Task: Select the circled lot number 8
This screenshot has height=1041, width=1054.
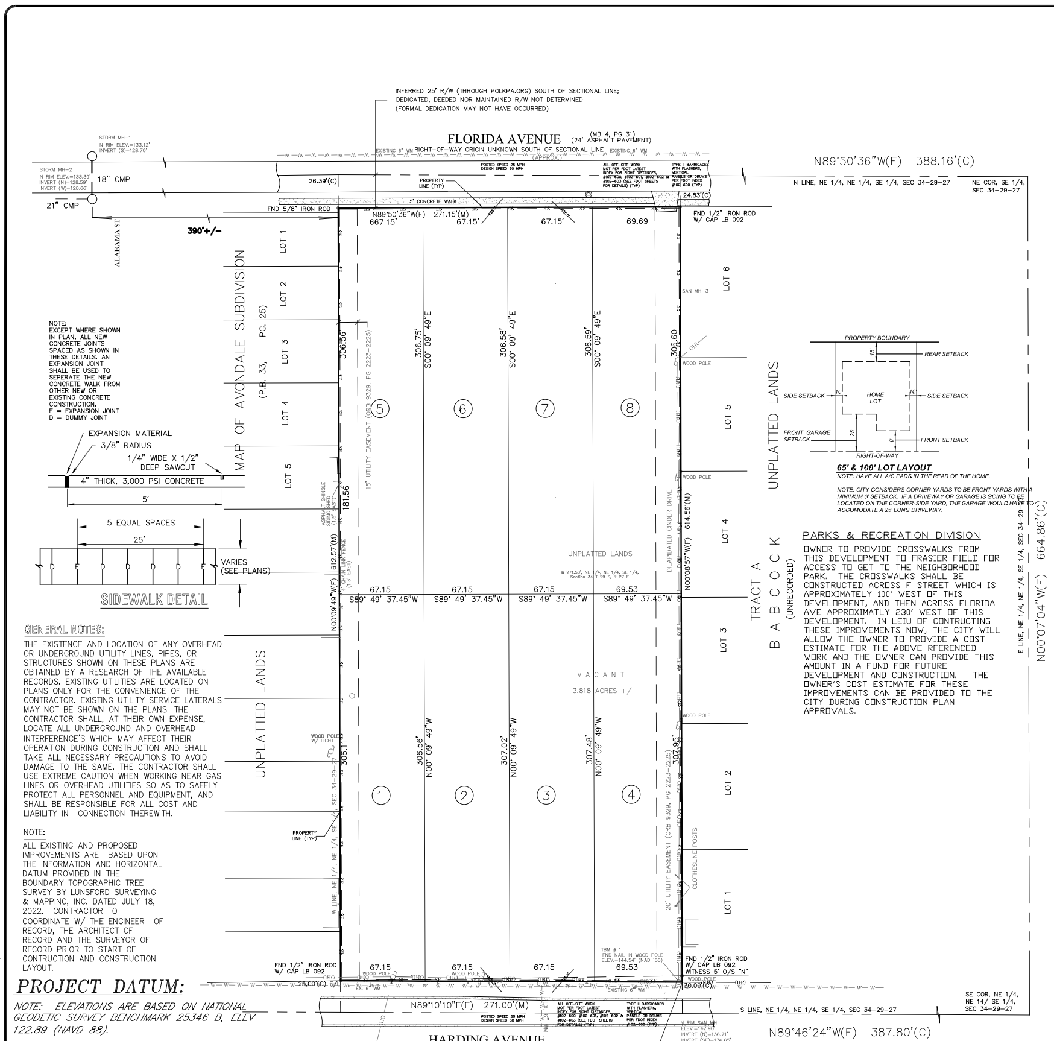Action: coord(630,408)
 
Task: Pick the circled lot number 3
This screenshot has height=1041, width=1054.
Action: coord(546,796)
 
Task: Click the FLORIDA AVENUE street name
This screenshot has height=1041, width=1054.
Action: coord(504,139)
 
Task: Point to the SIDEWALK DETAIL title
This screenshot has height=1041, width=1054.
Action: coord(154,600)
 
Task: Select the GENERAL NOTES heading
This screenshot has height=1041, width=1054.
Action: coord(64,630)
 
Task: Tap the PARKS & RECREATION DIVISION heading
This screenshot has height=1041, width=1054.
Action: coord(892,536)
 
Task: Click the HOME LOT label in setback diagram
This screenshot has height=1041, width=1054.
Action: coord(875,397)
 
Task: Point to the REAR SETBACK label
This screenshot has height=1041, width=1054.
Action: coord(946,354)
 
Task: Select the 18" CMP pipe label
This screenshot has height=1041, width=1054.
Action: coord(113,179)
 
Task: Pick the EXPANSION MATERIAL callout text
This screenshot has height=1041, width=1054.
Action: coord(130,433)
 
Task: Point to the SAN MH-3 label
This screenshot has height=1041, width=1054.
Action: coord(695,291)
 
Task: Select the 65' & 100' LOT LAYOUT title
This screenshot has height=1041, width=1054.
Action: coord(884,467)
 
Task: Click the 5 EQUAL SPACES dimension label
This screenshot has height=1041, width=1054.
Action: coord(141,522)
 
